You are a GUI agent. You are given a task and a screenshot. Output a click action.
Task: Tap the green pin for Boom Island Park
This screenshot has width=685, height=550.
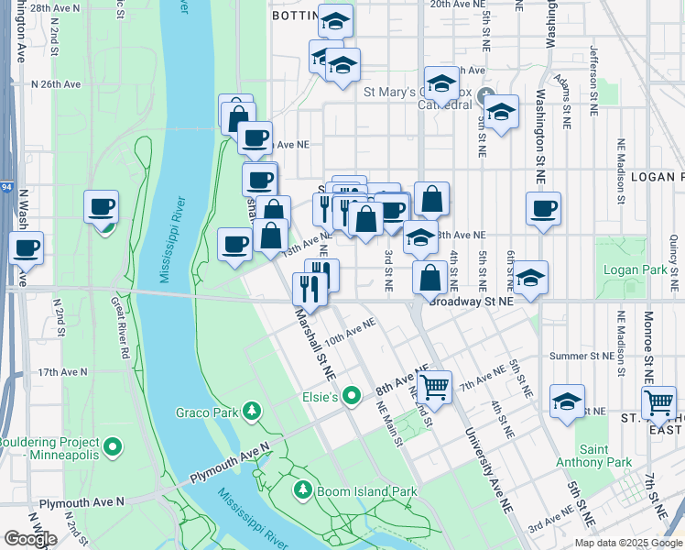tap(303, 490)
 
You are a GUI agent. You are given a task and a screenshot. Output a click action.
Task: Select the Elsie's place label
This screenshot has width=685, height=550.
tap(321, 397)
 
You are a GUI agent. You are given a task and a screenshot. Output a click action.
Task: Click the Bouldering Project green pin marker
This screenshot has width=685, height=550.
tap(113, 447)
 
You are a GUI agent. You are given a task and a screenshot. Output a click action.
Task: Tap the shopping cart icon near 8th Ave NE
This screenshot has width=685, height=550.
tap(436, 385)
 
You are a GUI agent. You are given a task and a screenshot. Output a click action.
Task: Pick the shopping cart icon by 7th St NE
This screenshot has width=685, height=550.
tap(658, 401)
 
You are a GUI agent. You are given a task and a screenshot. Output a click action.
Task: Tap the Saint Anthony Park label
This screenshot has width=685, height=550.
tap(593, 456)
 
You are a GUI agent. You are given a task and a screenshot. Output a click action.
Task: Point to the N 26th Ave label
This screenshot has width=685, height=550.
tap(56, 83)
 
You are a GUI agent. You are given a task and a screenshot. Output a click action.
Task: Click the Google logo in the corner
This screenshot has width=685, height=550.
tap(30, 539)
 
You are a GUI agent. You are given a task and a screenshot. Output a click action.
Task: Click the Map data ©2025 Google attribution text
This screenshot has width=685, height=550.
tap(627, 543)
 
